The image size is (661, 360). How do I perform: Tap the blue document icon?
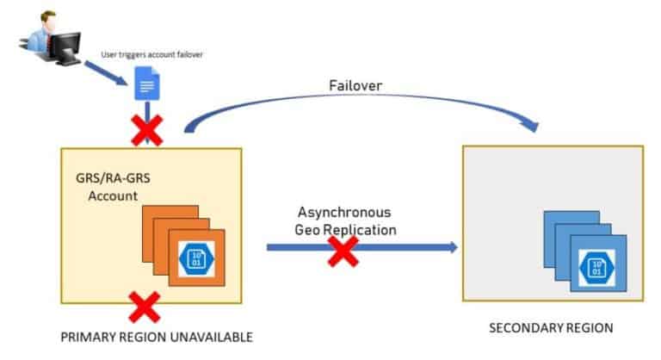pos(148,87)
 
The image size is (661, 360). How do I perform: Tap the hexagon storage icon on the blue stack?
pos(594,264)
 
